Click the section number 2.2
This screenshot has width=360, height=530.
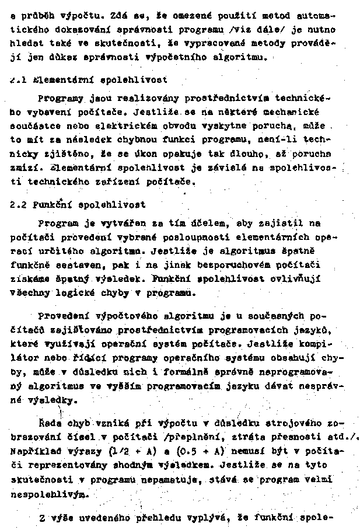pyautogui.click(x=19, y=205)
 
